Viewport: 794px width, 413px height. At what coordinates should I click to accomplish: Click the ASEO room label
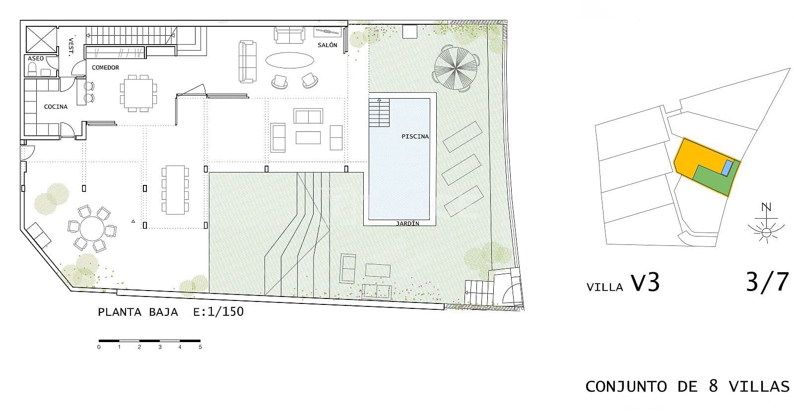tap(36, 59)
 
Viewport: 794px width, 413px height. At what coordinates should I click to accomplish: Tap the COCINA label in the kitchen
tap(56, 107)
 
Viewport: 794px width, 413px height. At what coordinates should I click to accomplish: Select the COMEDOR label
tap(105, 67)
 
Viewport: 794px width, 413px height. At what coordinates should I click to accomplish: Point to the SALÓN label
tap(327, 45)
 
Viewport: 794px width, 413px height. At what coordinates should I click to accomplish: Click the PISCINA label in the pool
tap(415, 136)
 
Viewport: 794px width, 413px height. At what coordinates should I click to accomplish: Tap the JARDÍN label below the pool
tap(407, 223)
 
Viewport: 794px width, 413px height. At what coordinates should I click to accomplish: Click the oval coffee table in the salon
tap(289, 61)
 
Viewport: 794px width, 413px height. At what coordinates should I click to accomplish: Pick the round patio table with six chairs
tap(92, 230)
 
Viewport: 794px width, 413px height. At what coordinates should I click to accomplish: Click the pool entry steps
tap(379, 113)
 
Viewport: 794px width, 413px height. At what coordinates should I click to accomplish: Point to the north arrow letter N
tap(766, 207)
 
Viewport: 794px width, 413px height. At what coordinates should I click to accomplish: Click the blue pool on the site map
tap(727, 168)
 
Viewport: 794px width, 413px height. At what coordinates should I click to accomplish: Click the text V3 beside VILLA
tap(645, 283)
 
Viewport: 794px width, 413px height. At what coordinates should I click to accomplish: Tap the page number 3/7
tap(767, 282)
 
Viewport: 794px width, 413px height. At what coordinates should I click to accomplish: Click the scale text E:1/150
tap(218, 312)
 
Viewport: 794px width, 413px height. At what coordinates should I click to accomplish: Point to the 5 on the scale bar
tap(200, 347)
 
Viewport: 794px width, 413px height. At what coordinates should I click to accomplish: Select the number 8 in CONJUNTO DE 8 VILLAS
tap(713, 386)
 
